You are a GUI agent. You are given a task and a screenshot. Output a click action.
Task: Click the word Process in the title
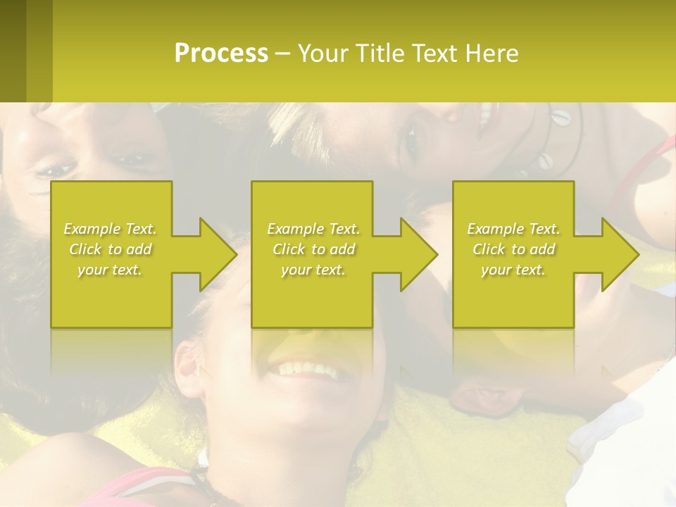[x=221, y=54]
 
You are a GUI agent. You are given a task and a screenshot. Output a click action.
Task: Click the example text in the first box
[x=111, y=249]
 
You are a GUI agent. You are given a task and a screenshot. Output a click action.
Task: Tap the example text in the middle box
[x=313, y=249]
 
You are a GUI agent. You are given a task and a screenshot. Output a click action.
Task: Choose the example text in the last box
[x=513, y=249]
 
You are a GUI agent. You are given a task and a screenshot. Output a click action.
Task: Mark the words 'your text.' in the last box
[x=513, y=270]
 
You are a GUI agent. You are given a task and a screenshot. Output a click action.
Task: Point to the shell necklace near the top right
[x=556, y=141]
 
